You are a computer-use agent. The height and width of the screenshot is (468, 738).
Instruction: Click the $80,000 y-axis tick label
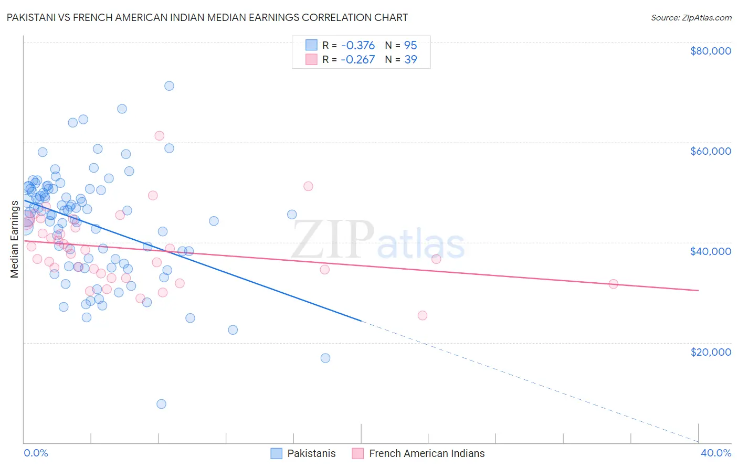click(710, 51)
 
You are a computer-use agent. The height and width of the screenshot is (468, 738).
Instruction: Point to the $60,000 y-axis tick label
click(710, 151)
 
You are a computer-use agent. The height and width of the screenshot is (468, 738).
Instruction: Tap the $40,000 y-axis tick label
click(710, 251)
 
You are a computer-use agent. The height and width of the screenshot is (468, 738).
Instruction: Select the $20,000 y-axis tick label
click(710, 352)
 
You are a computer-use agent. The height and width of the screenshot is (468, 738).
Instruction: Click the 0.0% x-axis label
click(36, 453)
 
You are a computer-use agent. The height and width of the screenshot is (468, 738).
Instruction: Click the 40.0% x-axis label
click(715, 453)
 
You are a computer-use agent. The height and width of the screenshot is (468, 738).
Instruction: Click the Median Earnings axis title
click(14, 239)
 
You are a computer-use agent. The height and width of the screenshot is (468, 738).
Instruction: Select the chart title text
click(207, 17)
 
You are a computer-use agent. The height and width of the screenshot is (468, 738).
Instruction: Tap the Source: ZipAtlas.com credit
click(691, 17)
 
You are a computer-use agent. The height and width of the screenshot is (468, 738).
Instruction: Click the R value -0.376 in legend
click(357, 45)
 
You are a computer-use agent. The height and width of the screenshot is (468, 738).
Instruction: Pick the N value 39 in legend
click(410, 59)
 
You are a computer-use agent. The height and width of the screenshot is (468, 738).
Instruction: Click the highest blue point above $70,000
click(169, 86)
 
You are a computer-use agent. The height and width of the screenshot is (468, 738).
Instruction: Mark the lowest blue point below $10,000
click(161, 404)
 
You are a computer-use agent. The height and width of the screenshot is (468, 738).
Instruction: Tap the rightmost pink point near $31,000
click(613, 284)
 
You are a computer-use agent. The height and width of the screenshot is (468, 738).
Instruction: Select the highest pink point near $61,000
click(159, 136)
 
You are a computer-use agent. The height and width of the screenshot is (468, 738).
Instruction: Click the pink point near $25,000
click(423, 315)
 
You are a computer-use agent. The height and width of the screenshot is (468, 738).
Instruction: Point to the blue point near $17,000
click(325, 358)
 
